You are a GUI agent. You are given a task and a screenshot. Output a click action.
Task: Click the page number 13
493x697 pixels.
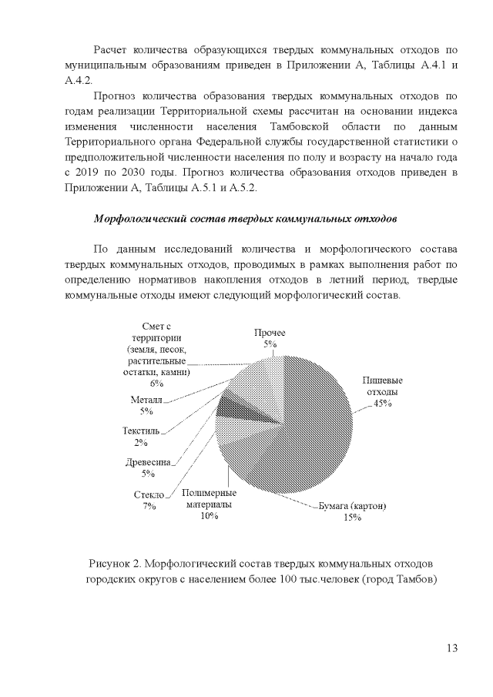pos(451,647)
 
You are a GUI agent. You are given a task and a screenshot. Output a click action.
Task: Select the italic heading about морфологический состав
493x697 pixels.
pos(246,219)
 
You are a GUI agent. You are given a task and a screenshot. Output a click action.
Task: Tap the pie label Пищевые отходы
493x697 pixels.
pos(383,386)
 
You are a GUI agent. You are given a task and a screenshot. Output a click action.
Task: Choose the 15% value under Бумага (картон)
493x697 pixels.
pos(353,518)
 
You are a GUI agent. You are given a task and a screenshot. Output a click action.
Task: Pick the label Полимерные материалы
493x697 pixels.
pos(210,498)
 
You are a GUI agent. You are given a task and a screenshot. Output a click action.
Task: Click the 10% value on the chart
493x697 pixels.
pos(210,517)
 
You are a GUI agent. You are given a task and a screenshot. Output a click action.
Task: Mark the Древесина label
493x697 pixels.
pos(147,462)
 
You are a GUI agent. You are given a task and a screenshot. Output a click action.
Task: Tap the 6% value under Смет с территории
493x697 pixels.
pos(157,383)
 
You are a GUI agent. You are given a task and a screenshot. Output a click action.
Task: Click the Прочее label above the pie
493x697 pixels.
pos(270,332)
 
